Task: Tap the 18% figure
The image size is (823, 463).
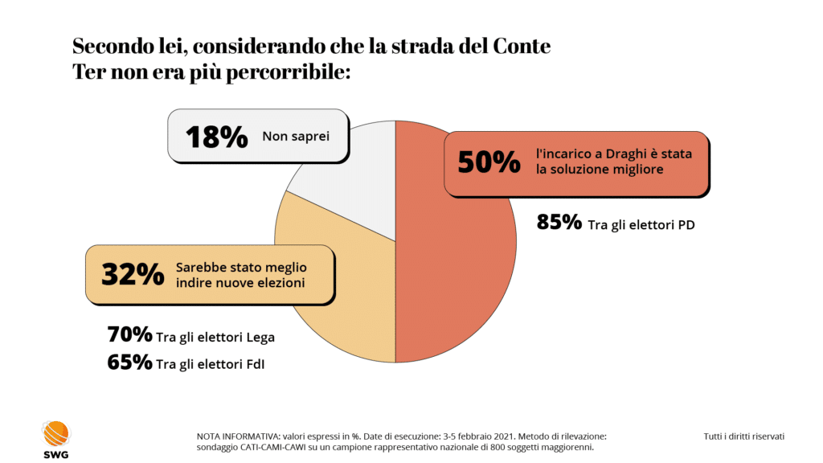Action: pyautogui.click(x=216, y=137)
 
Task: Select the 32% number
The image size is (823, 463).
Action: pyautogui.click(x=133, y=274)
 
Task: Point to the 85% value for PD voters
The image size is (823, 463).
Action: pyautogui.click(x=559, y=223)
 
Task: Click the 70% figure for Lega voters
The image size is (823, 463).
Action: pyautogui.click(x=129, y=334)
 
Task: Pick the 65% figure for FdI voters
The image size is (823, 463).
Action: pyautogui.click(x=129, y=363)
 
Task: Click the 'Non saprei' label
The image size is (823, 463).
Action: pyautogui.click(x=295, y=137)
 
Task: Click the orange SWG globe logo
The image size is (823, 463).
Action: pyautogui.click(x=56, y=433)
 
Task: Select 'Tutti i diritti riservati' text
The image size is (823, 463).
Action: pyautogui.click(x=743, y=436)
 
